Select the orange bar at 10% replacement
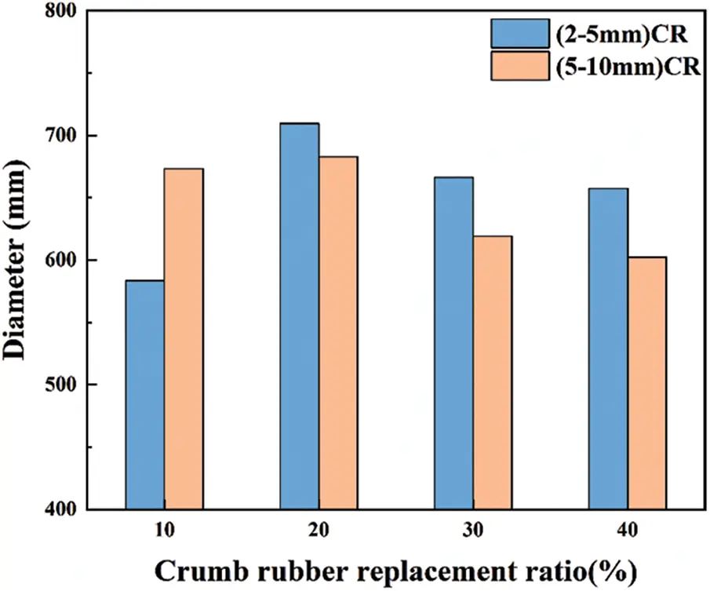click(184, 339)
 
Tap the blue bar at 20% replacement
click(300, 316)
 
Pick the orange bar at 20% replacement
click(338, 333)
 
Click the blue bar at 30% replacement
click(454, 343)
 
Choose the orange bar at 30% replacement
click(493, 372)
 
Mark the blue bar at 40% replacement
click(609, 348)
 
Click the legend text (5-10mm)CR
click(624, 67)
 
